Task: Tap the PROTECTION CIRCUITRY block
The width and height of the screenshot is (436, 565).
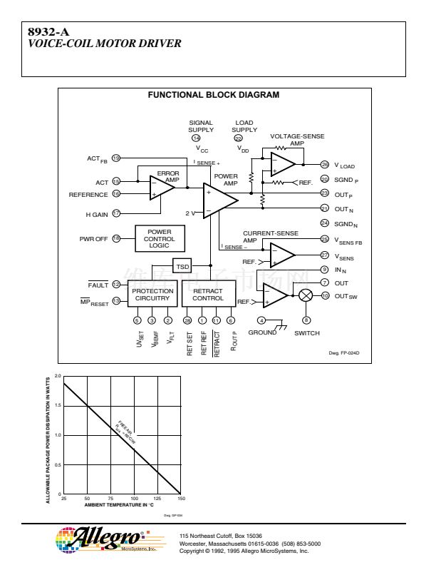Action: (x=152, y=295)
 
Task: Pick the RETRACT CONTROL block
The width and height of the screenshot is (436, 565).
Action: (x=207, y=295)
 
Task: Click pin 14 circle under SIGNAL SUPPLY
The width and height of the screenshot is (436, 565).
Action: (x=206, y=138)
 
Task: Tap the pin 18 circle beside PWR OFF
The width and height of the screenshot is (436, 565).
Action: (x=116, y=238)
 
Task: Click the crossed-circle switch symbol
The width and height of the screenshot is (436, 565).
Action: (x=306, y=295)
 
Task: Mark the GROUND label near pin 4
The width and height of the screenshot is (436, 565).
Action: (x=262, y=332)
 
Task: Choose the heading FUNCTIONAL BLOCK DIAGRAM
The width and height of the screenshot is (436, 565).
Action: (x=213, y=95)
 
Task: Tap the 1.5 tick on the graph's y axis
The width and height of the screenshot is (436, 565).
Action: (x=58, y=405)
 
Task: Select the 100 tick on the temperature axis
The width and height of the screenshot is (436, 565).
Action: (x=134, y=499)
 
